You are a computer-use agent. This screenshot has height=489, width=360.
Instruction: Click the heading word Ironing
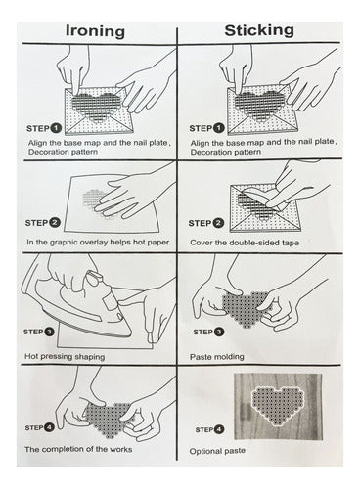95,31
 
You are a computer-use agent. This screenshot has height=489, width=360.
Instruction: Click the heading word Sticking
259,30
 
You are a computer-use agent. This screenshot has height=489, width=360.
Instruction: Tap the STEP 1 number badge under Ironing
56,128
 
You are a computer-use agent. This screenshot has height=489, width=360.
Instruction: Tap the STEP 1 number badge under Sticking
219,128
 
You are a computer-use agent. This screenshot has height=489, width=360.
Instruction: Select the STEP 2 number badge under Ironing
55,223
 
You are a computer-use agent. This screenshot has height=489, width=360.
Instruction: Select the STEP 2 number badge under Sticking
218,223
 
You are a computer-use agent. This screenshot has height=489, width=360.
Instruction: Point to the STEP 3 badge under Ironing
49,332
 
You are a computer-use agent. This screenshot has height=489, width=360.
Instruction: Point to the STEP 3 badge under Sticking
219,332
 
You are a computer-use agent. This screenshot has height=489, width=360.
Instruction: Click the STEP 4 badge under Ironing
50,427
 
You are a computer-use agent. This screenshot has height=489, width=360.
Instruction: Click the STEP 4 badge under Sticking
219,429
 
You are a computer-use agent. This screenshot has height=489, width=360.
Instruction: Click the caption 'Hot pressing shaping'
65,356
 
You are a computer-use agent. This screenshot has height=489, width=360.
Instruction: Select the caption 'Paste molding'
217,356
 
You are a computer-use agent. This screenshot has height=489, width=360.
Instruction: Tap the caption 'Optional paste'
217,451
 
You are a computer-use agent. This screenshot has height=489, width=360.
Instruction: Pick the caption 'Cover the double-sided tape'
245,243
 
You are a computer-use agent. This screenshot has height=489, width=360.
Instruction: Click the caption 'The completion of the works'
78,449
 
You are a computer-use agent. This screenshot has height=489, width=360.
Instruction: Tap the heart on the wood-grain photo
278,405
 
